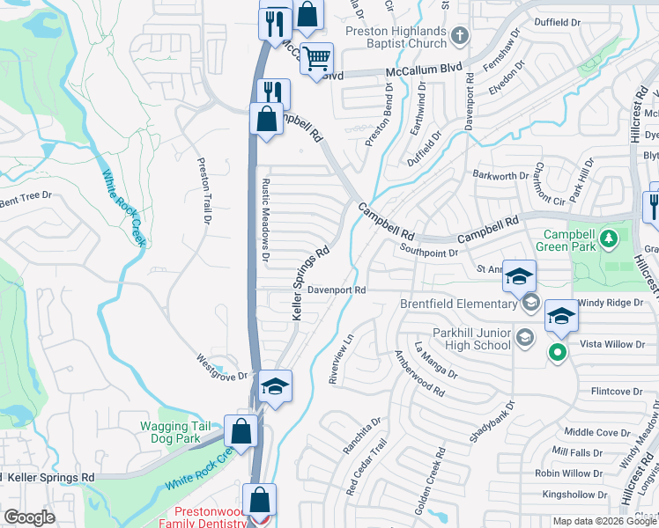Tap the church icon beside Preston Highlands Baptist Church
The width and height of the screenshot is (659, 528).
click(458, 37)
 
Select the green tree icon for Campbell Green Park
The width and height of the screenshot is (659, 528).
click(607, 238)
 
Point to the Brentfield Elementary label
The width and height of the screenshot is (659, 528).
click(459, 304)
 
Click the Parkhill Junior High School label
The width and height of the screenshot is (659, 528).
click(471, 339)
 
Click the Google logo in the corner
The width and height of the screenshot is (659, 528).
click(29, 517)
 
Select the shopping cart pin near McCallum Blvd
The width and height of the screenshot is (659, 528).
click(316, 59)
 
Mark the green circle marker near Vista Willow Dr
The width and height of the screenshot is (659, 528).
click(556, 353)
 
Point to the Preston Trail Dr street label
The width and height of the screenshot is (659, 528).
click(204, 191)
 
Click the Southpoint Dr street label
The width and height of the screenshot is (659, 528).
click(428, 253)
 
